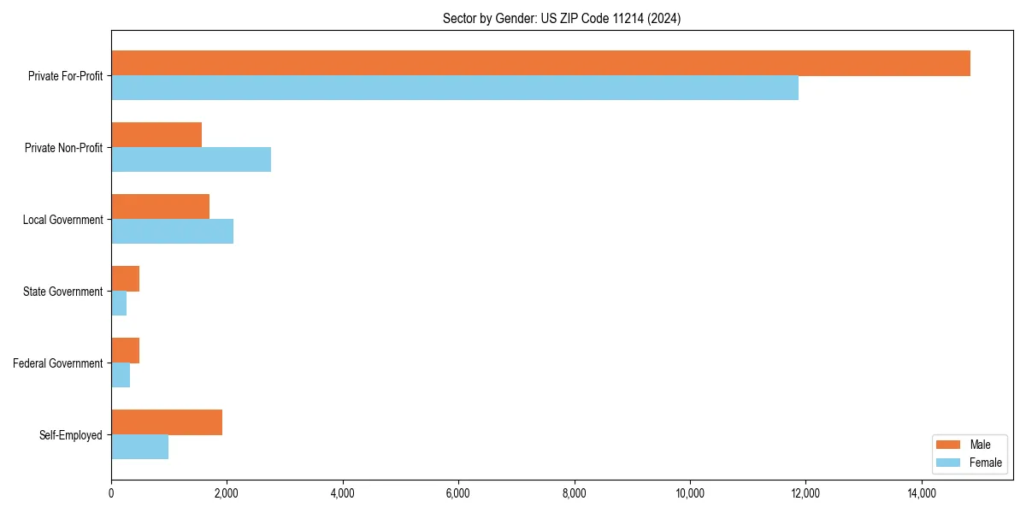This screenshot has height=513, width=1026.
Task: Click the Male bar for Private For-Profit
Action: tap(540, 63)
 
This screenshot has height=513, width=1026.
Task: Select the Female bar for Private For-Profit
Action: tap(455, 88)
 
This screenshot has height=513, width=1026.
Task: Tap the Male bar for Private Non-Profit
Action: tap(156, 135)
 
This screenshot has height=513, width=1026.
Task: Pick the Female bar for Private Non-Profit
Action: tap(191, 160)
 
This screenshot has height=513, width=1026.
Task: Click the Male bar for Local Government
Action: tap(160, 207)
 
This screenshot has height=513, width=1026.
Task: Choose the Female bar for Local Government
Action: tap(172, 232)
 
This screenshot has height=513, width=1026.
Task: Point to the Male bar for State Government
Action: tap(125, 279)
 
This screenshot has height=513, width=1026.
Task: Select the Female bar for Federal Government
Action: tap(121, 375)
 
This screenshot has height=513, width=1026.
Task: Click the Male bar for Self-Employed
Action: tap(167, 422)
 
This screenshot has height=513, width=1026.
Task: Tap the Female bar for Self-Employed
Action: tap(139, 447)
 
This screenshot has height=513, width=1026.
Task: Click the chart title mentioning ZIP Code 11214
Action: tap(562, 18)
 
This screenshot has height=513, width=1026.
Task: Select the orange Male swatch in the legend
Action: tap(949, 445)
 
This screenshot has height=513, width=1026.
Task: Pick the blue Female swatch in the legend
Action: tap(949, 463)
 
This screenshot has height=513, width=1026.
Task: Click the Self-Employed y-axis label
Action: tap(71, 435)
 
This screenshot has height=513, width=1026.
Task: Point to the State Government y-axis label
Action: tap(62, 292)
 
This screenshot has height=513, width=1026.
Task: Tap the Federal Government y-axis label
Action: tap(58, 363)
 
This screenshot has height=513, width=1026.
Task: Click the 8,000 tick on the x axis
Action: tap(575, 493)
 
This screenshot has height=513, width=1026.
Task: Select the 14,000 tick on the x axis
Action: tap(922, 493)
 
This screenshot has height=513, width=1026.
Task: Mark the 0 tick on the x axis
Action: tap(111, 493)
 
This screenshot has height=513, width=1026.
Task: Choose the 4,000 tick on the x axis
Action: tap(343, 493)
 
